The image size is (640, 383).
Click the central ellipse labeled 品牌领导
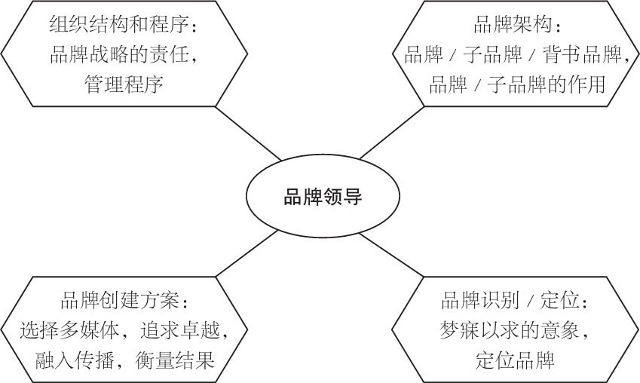[x=322, y=198]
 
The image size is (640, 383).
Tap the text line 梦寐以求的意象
[x=513, y=329]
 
